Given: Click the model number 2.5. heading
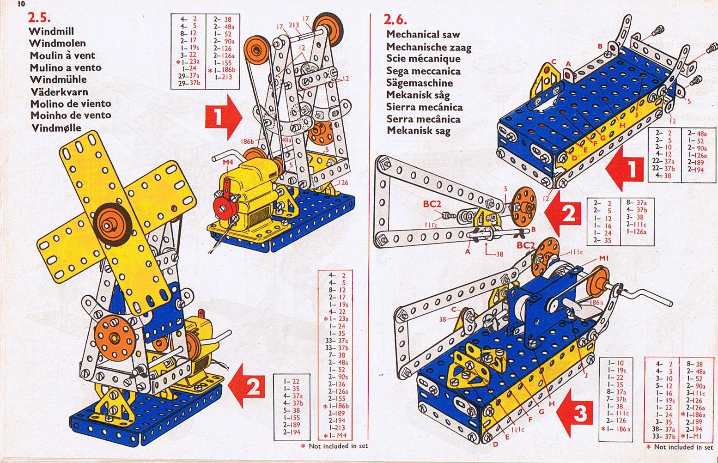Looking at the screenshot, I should coord(39,18).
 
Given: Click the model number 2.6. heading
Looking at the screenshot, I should coord(396,20).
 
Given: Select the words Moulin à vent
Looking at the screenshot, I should coord(62,55).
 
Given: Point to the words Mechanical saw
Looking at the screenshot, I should coord(423,34).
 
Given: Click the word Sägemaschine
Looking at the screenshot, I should coord(420,83).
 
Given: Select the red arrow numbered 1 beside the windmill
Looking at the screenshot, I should coord(223,117).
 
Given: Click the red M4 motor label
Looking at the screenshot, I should coord(228,162).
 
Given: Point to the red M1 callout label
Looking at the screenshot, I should coord(603,259).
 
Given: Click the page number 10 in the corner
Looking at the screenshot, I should coord(21,4).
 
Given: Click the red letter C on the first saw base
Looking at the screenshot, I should coord(554,62).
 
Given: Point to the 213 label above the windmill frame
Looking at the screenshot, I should coord(293,25).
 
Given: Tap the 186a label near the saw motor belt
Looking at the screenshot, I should coord(596,302).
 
